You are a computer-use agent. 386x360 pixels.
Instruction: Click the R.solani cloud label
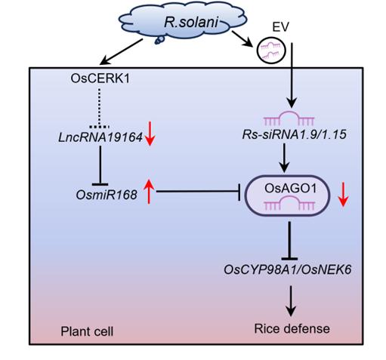(191, 22)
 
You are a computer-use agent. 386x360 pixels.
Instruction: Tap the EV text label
(280, 27)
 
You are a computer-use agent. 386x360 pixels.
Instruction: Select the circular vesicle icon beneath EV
(271, 51)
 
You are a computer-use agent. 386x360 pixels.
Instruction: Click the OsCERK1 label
(100, 78)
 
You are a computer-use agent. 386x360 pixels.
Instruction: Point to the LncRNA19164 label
(100, 137)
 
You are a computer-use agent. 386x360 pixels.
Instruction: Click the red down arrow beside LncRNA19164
(150, 134)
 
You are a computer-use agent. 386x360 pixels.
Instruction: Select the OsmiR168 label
(107, 195)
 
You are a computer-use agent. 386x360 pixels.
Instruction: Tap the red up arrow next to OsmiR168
(149, 191)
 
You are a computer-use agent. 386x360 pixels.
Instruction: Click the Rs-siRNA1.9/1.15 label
(294, 134)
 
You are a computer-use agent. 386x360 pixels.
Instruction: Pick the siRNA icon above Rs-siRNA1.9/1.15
(289, 118)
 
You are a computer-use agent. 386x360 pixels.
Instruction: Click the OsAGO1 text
(290, 188)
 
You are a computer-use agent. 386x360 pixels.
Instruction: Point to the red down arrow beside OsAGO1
(343, 195)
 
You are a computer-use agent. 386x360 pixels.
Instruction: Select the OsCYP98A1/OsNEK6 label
(288, 270)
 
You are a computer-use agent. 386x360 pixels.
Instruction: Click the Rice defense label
(292, 328)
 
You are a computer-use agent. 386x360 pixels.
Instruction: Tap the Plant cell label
(87, 331)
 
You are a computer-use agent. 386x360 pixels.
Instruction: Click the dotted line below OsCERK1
(100, 108)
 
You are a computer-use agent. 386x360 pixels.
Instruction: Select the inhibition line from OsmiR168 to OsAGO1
(198, 192)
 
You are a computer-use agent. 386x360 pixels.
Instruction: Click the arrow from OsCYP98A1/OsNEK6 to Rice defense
(291, 300)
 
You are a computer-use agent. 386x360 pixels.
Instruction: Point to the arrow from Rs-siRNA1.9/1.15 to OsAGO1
(285, 158)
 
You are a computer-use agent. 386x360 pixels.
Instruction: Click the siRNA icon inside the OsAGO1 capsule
(289, 203)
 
